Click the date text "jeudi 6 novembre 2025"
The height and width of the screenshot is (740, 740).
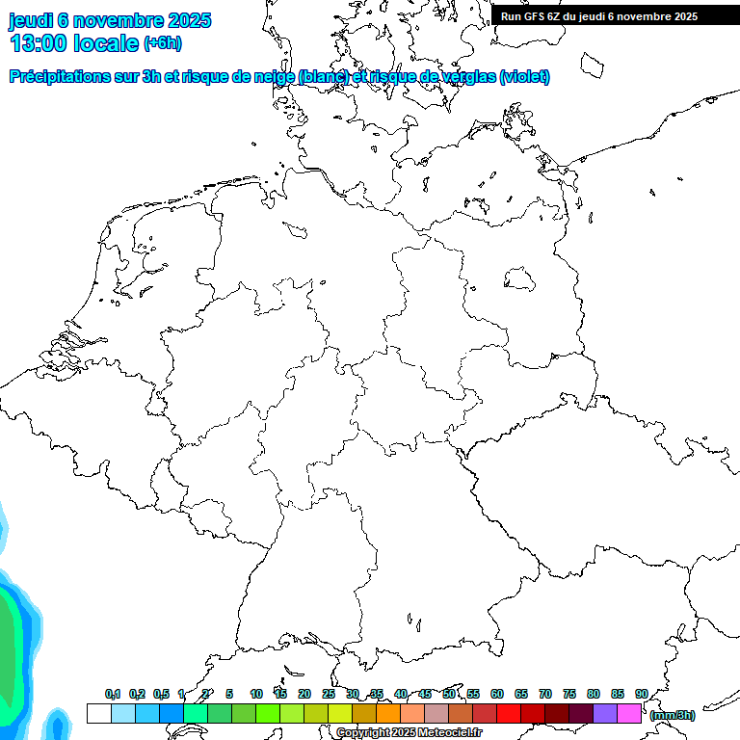pyautogui.click(x=110, y=20)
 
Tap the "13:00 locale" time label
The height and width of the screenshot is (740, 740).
pyautogui.click(x=74, y=43)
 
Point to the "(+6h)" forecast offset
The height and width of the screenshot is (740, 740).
pyautogui.click(x=162, y=43)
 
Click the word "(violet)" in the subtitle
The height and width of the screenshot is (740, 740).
pyautogui.click(x=524, y=77)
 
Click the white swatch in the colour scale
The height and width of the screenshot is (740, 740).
pyautogui.click(x=98, y=713)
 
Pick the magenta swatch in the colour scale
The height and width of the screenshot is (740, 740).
pyautogui.click(x=629, y=713)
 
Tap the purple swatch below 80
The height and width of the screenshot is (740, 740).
pyautogui.click(x=605, y=713)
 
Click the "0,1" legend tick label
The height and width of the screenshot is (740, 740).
pyautogui.click(x=113, y=695)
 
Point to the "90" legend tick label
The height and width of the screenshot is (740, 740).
pyautogui.click(x=642, y=695)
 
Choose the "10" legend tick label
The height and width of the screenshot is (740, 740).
pyautogui.click(x=256, y=695)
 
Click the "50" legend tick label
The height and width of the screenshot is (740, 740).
pyautogui.click(x=449, y=695)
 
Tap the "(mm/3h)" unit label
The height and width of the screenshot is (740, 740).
pyautogui.click(x=672, y=715)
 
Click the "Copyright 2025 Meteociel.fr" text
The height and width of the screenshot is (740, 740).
pyautogui.click(x=409, y=733)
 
